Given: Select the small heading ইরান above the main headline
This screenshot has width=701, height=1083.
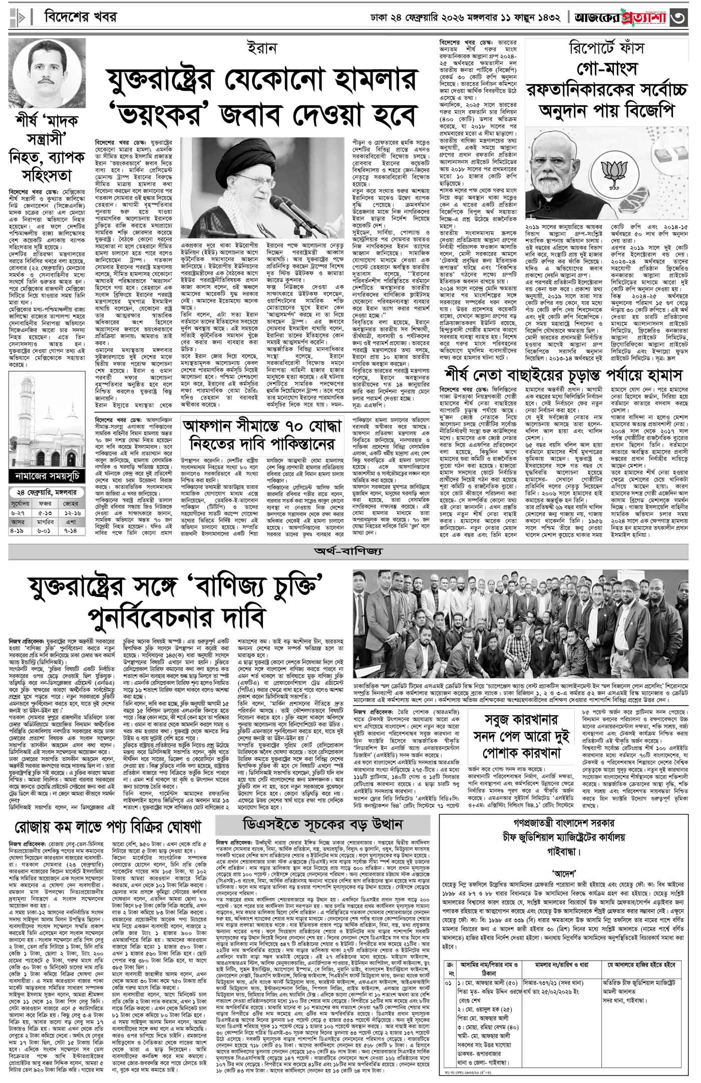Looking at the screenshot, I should [x=261, y=50].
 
